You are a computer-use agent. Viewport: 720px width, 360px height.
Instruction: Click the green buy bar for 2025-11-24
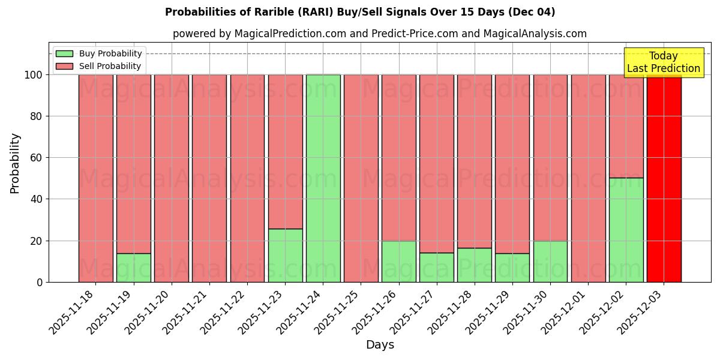[x=323, y=178]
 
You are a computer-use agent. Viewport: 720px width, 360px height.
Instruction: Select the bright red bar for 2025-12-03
[x=664, y=178]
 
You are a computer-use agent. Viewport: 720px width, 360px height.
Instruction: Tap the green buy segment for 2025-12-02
[x=626, y=230]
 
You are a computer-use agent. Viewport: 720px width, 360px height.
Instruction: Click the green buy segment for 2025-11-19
[x=133, y=268]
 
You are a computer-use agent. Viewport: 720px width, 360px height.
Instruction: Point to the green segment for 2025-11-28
[x=474, y=265]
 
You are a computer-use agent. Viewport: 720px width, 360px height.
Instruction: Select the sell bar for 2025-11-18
[x=95, y=178]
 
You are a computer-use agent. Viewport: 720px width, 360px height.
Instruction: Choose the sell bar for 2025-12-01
[x=588, y=178]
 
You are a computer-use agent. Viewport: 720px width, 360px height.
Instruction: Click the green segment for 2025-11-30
[x=550, y=261]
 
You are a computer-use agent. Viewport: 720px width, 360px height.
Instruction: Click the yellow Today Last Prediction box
[x=663, y=62]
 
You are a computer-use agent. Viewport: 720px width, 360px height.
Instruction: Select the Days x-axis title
[x=380, y=345]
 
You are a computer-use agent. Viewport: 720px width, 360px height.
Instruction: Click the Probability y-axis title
[x=15, y=163]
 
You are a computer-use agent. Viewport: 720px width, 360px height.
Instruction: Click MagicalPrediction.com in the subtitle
[x=290, y=34]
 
